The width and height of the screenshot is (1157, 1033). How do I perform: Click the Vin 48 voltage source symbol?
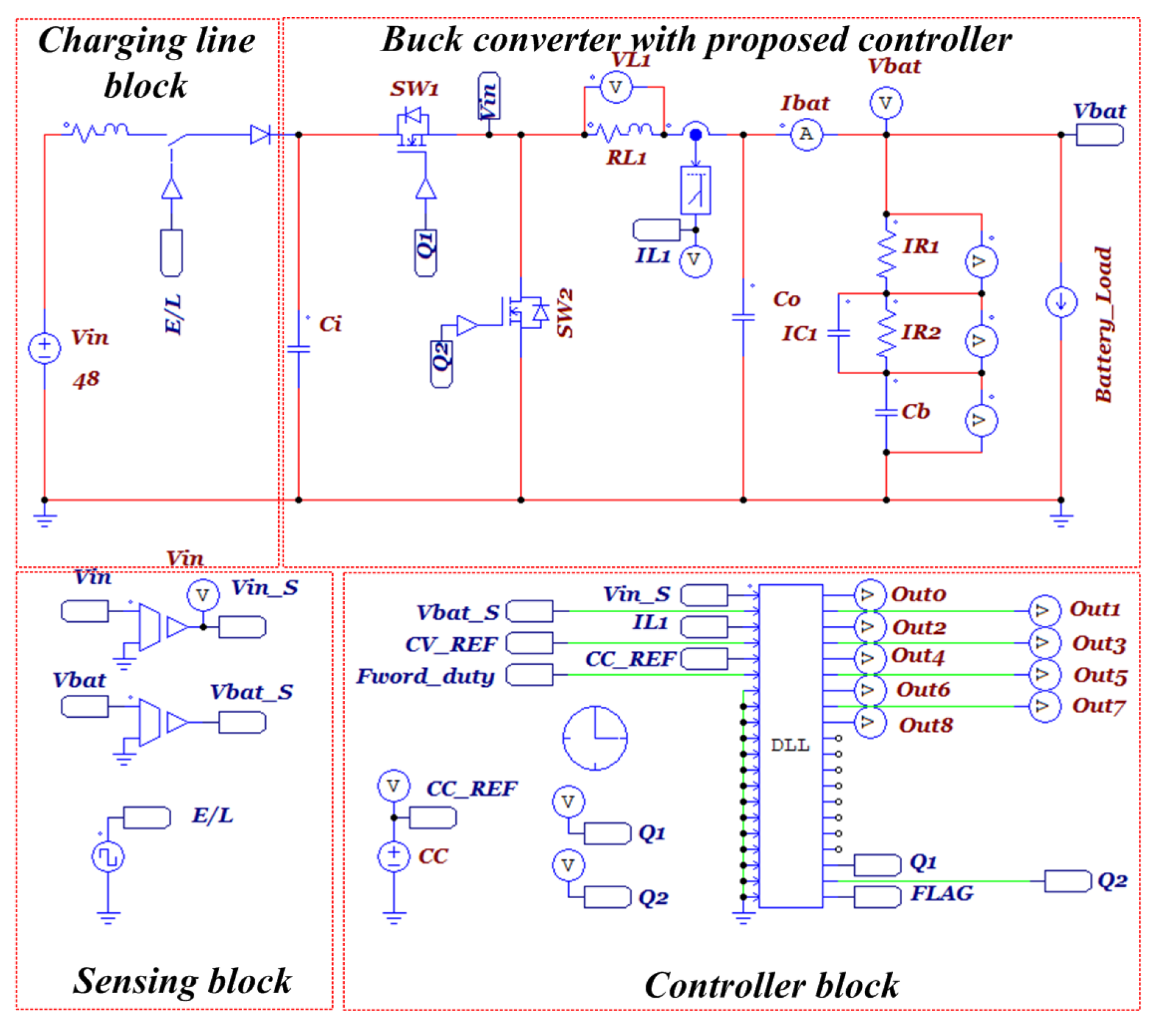click(x=44, y=349)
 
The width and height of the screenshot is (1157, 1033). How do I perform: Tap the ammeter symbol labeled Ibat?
click(x=806, y=135)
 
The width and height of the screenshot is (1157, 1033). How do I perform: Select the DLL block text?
click(x=790, y=745)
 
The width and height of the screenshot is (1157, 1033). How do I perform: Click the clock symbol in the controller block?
click(x=594, y=738)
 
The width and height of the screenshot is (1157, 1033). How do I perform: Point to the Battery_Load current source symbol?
click(x=1060, y=302)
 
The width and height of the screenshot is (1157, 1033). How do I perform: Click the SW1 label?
click(x=415, y=89)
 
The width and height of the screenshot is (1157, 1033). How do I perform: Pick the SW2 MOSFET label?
click(x=565, y=313)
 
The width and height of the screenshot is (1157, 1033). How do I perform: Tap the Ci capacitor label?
click(x=330, y=324)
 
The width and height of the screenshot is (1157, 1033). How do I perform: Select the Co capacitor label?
click(x=786, y=299)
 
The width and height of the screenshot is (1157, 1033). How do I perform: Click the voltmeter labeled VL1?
click(x=616, y=87)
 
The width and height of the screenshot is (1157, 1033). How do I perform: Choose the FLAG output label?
click(x=942, y=893)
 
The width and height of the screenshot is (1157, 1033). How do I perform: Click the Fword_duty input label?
click(x=425, y=676)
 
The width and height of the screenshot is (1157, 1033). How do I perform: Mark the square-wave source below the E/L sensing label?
click(x=107, y=857)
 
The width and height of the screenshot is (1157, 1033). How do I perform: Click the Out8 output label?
click(x=925, y=724)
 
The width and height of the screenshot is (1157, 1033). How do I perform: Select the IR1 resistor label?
click(x=920, y=246)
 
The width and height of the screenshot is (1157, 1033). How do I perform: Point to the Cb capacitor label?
click(x=915, y=411)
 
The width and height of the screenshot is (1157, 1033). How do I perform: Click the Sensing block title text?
click(x=182, y=981)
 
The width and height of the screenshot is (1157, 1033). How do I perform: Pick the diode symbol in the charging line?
click(x=260, y=135)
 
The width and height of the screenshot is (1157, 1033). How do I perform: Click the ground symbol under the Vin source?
click(x=45, y=520)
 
